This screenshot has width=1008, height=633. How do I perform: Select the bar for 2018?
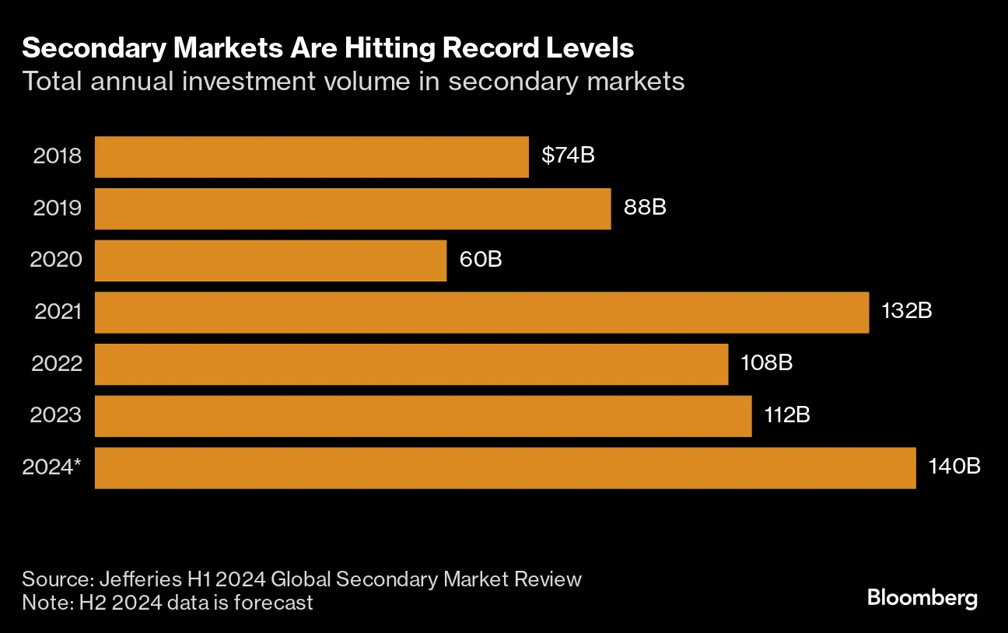[311, 156]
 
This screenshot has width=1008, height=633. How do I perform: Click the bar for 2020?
[271, 260]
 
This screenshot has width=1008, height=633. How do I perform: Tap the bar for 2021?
[481, 312]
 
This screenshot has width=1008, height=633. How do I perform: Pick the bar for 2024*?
[505, 467]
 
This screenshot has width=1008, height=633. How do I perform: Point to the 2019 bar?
[352, 208]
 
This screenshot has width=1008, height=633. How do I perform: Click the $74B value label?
[568, 156]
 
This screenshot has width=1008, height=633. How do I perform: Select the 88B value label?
[645, 208]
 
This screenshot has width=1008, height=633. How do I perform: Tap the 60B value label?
[481, 259]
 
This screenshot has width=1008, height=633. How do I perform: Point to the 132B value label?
[906, 311]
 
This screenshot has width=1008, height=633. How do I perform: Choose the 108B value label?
[766, 363]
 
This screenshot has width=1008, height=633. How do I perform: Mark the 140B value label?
[954, 467]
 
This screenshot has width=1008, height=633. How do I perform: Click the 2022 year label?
[57, 363]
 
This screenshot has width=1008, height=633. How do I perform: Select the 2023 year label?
[56, 415]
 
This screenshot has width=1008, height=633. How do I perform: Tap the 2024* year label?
[52, 467]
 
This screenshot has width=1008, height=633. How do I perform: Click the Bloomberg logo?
[922, 598]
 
